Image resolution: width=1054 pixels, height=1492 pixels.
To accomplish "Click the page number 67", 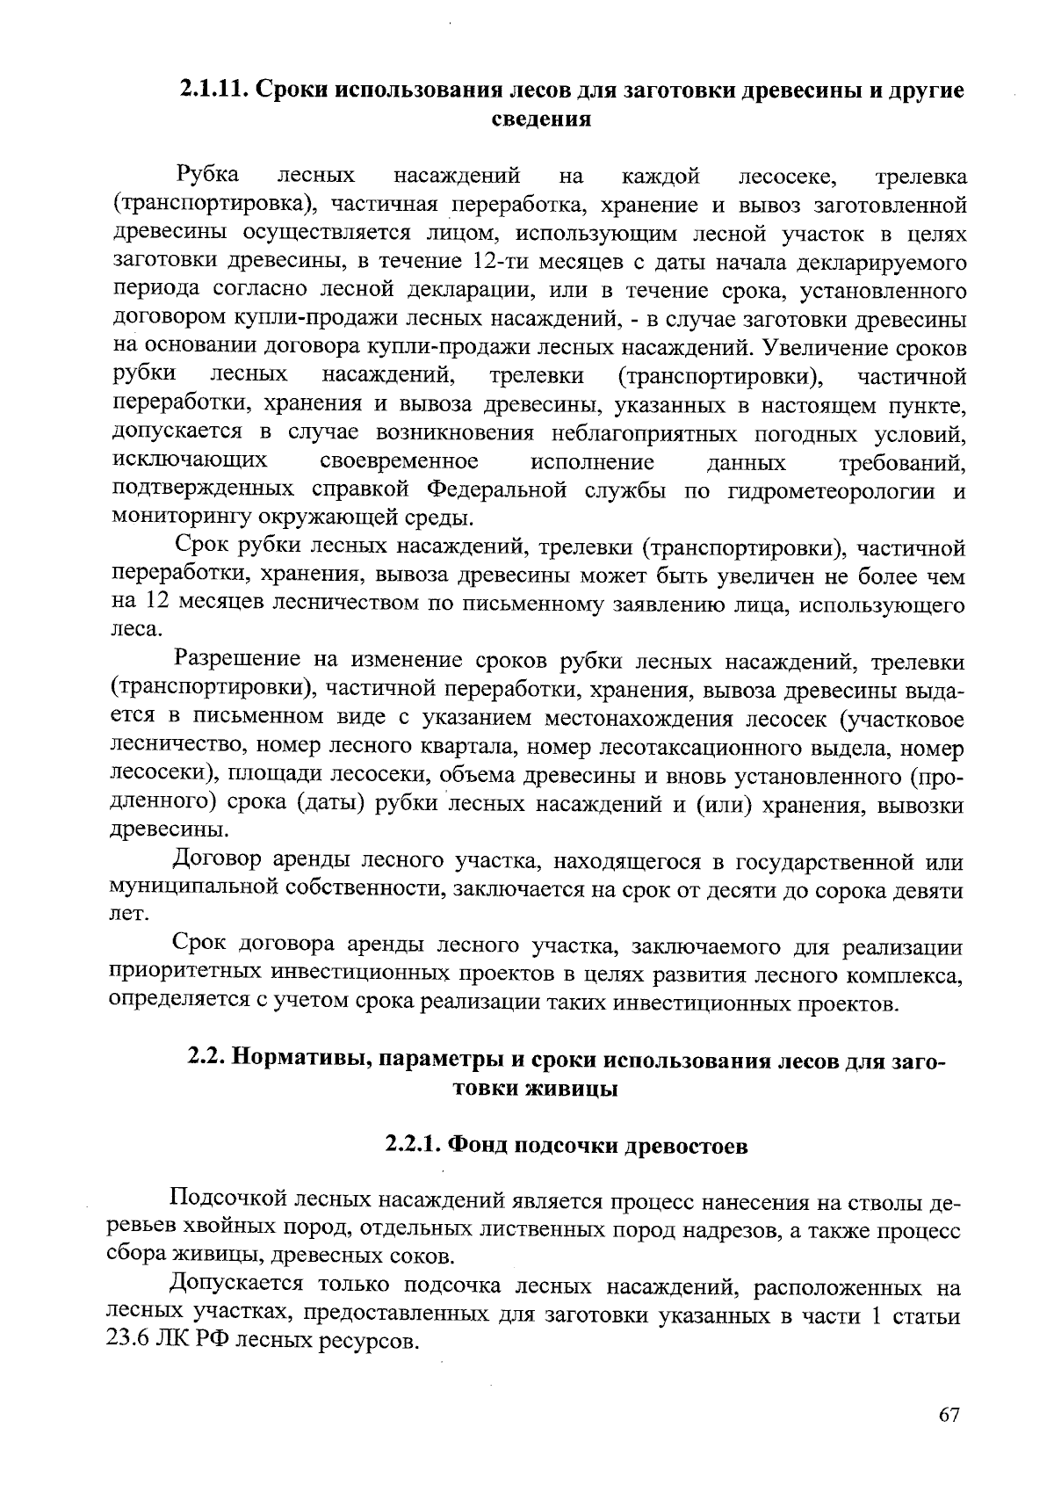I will click(949, 1415).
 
